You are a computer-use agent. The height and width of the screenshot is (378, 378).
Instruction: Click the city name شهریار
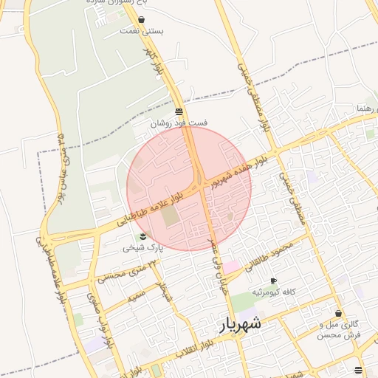(x=241, y=324)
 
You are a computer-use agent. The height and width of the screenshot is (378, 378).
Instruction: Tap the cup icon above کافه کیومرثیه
(x=273, y=281)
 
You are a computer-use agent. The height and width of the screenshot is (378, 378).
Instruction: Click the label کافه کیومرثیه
(x=274, y=292)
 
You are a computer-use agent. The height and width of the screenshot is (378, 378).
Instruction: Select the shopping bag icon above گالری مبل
(x=338, y=314)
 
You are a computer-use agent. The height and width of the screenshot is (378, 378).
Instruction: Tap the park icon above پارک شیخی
(x=142, y=236)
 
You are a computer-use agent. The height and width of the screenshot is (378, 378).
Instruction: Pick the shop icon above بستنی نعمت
(x=142, y=20)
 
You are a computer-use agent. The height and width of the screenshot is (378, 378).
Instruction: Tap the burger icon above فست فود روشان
(x=179, y=111)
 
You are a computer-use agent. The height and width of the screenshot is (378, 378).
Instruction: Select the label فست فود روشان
(x=179, y=123)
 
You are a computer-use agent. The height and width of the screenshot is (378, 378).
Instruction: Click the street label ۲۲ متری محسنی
(x=123, y=271)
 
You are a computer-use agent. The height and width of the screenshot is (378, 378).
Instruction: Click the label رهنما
(x=366, y=109)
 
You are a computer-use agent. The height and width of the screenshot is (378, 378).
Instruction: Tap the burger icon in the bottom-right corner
(x=358, y=371)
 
